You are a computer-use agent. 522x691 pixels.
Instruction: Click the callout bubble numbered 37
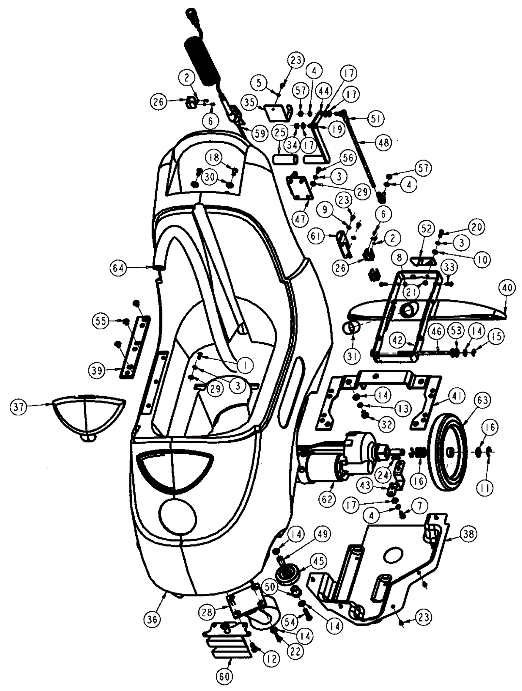tap(19, 408)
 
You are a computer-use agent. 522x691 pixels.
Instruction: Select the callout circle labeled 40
tap(506, 288)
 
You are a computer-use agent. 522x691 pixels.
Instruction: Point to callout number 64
tap(118, 268)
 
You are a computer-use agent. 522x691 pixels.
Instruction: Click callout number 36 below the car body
tap(152, 619)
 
